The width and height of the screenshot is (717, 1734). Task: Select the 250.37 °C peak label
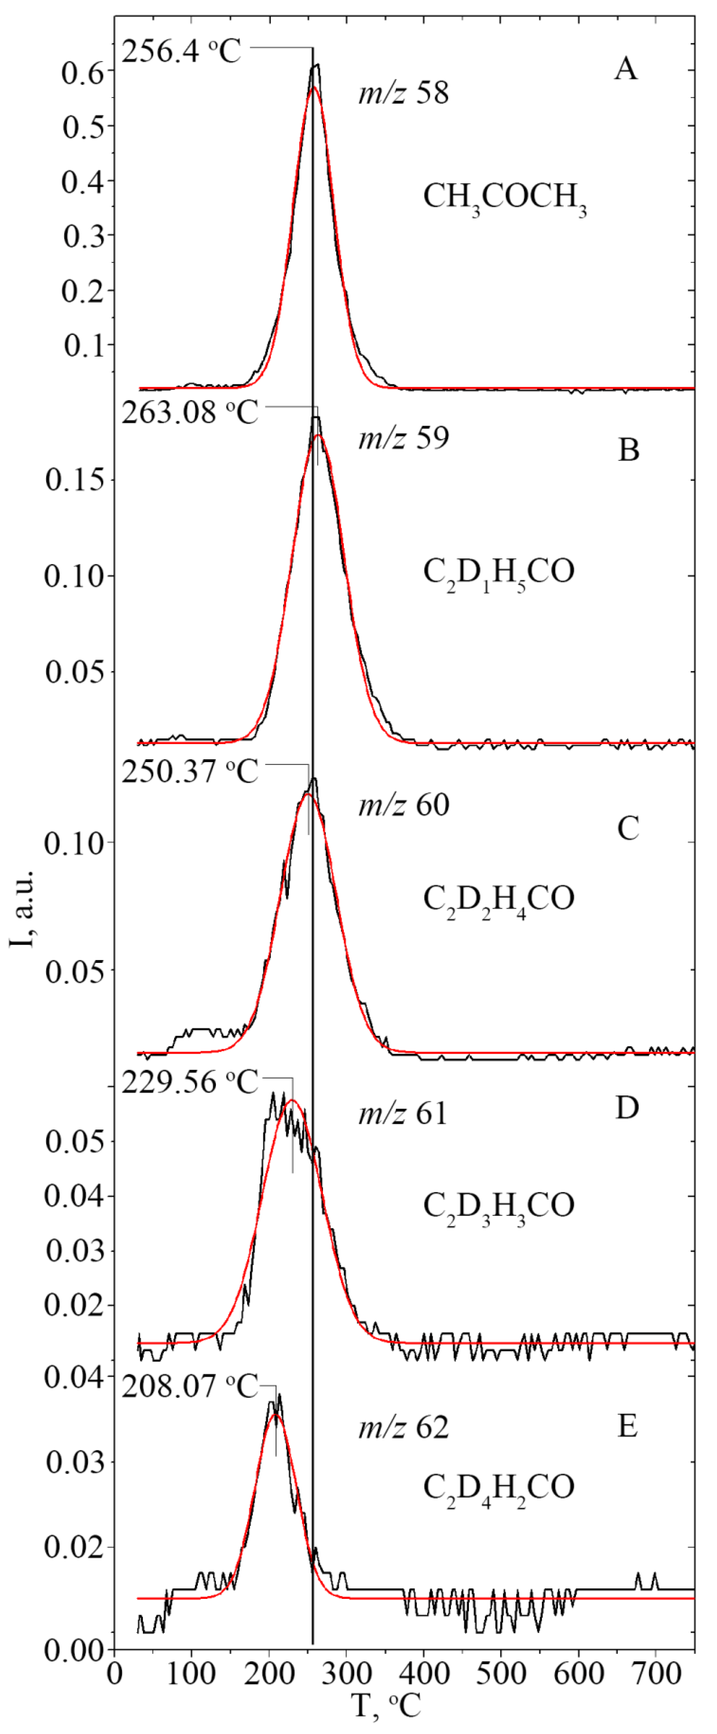190,772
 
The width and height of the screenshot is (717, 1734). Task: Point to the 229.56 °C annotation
190,1082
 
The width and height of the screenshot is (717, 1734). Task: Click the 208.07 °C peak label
190,1386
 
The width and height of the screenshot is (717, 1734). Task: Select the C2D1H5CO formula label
498,572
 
